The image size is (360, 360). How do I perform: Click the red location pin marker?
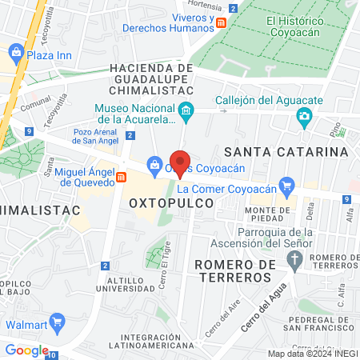180,162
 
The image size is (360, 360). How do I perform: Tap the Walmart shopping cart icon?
57,324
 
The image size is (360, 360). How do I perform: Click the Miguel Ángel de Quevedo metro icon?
121,178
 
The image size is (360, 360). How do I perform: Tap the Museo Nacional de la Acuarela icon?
186,110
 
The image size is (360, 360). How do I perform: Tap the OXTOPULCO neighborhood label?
171,203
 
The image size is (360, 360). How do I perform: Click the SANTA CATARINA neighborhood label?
286,151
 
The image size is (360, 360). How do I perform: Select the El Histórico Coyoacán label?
303,27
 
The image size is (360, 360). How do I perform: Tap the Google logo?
26,350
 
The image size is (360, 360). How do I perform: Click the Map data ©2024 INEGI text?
311,354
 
